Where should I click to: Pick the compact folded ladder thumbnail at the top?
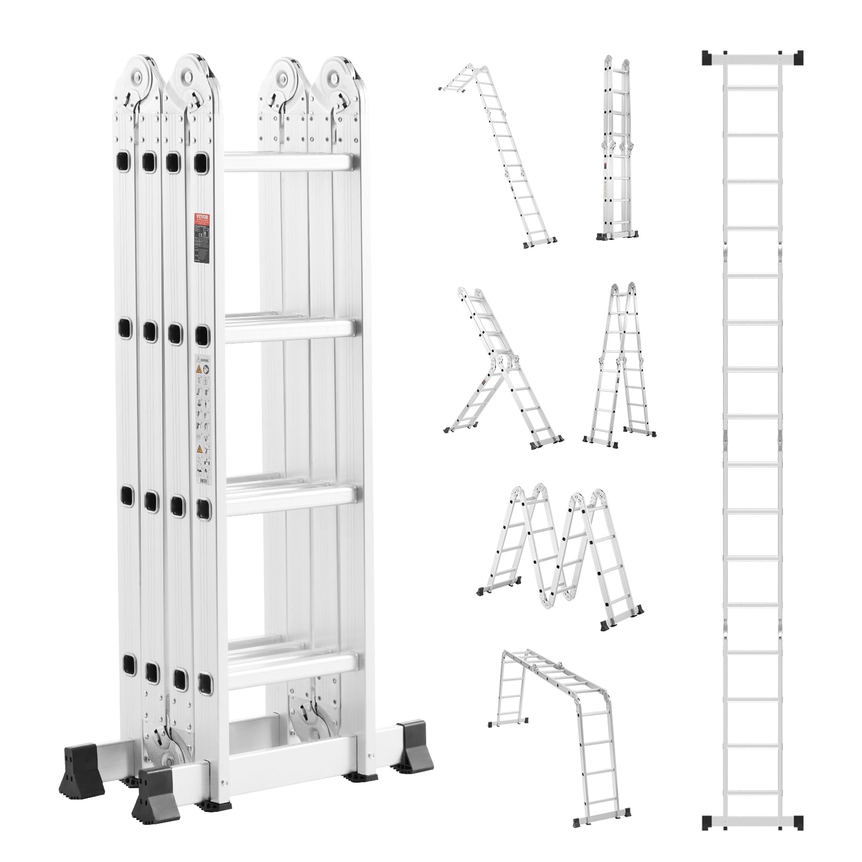(x=617, y=148)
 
